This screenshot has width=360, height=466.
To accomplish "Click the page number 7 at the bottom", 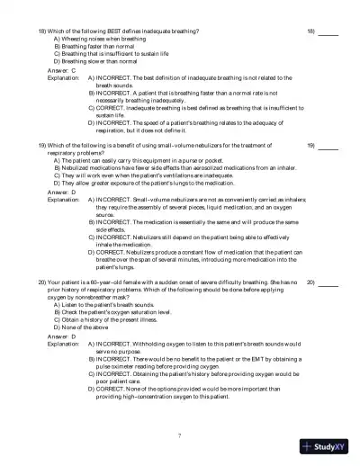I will [180, 435].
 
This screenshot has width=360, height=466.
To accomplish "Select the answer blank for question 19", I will [328, 146].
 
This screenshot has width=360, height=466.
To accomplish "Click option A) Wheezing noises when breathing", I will [96, 40].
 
